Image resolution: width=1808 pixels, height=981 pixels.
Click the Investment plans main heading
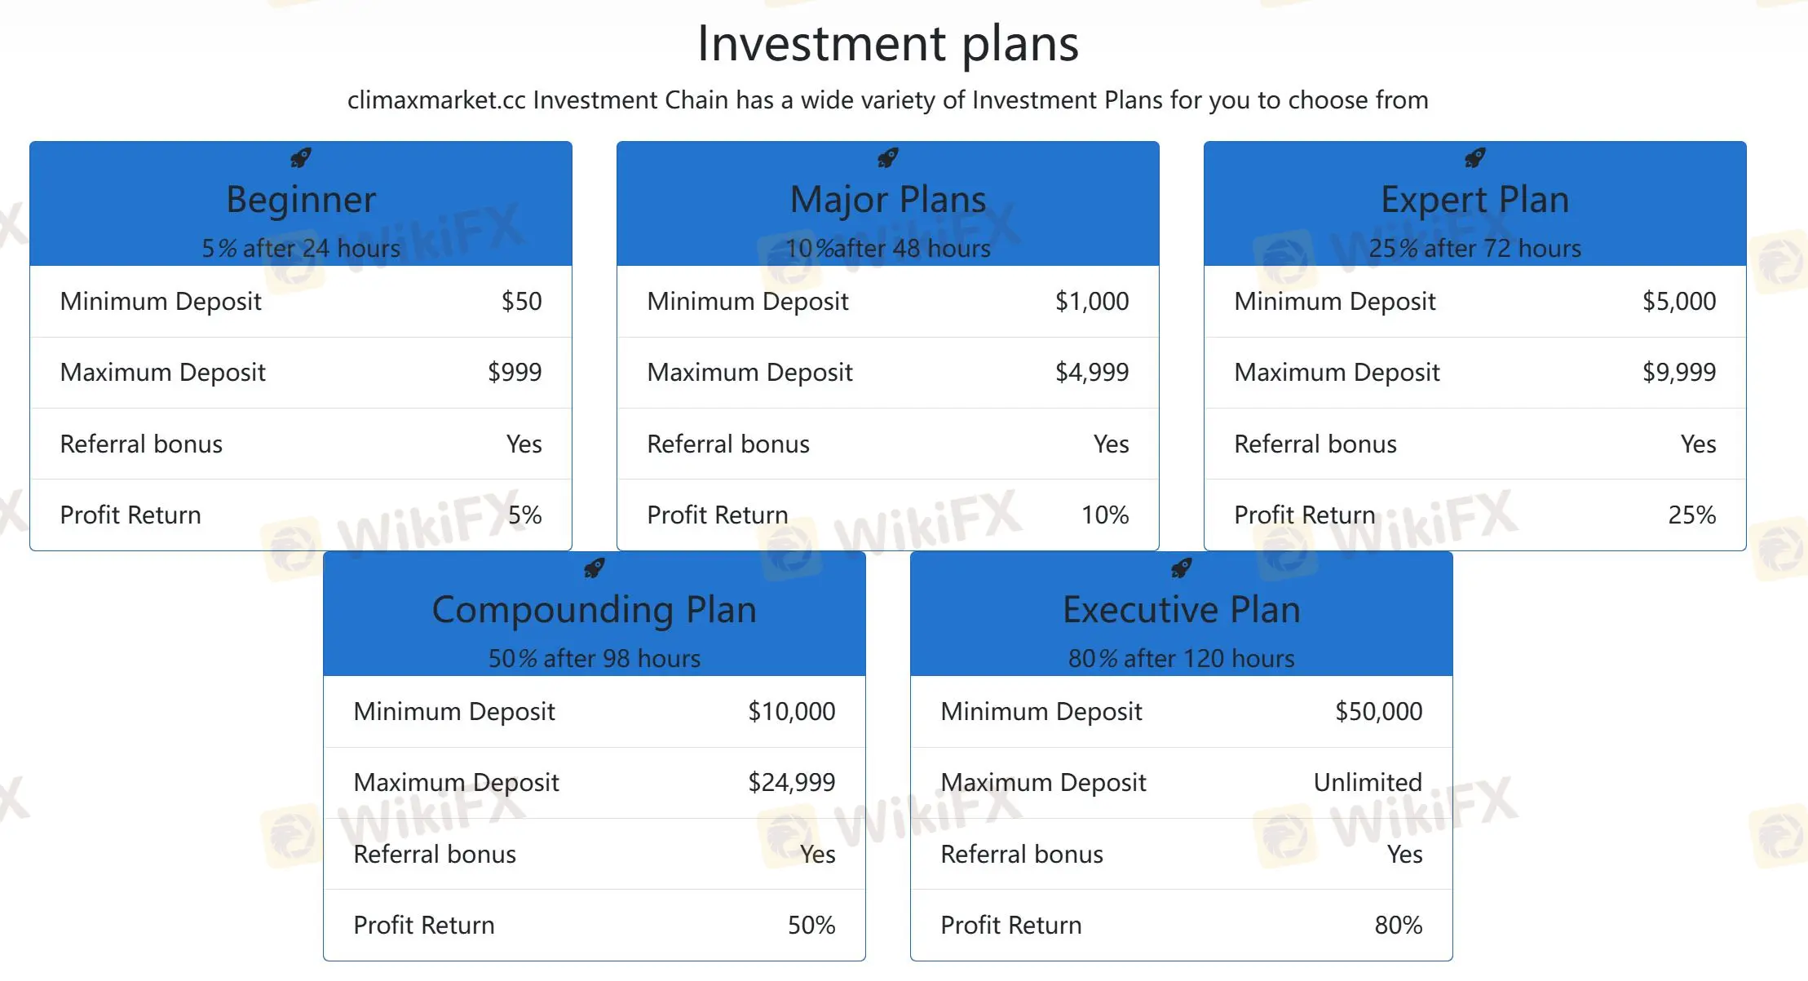[x=887, y=43]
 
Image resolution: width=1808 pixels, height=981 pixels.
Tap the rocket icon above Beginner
[x=301, y=157]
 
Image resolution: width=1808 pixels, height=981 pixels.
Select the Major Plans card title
[x=887, y=200]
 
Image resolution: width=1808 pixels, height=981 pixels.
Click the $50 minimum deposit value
[x=521, y=302]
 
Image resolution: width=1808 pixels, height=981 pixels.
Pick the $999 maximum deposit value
[x=515, y=373]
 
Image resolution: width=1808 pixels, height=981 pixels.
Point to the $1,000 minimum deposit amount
[x=1091, y=302]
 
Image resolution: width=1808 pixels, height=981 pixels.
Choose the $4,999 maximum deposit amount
[x=1091, y=373]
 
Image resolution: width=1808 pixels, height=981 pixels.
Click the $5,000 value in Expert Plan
[x=1678, y=302]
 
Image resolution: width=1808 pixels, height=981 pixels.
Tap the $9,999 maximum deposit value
[x=1678, y=373]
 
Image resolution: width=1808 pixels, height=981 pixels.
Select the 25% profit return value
[x=1691, y=515]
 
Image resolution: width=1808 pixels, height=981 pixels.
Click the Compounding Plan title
[x=594, y=610]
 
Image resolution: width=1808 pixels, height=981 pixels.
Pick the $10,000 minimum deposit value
[x=791, y=712]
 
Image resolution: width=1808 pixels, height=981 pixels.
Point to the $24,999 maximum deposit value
[x=791, y=783]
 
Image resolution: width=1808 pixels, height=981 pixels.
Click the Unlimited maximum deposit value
[x=1367, y=783]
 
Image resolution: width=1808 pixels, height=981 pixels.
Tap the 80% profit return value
[x=1398, y=926]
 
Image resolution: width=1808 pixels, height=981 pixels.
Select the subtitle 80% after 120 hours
[x=1181, y=659]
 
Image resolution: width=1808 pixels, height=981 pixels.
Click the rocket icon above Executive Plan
[x=1182, y=568]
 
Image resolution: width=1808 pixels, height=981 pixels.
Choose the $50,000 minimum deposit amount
[x=1378, y=712]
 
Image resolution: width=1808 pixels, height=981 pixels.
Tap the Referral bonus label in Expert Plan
[x=1315, y=444]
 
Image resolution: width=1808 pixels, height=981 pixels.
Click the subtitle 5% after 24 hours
[x=301, y=249]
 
